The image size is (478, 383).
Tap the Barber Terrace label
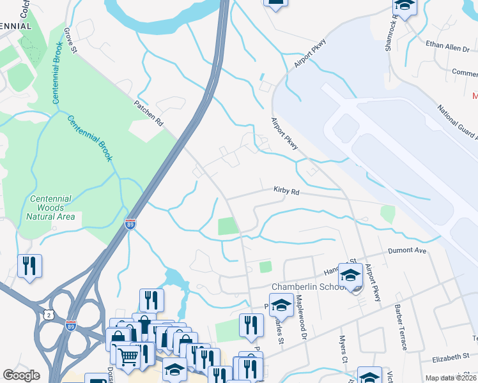point(400,331)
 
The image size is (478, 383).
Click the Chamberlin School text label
point(309,287)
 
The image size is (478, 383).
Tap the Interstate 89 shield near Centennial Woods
point(130,224)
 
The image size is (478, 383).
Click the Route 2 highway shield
point(48,315)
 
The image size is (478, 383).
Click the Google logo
point(22,375)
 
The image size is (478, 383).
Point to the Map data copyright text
point(451,378)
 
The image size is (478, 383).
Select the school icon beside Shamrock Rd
point(405,7)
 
